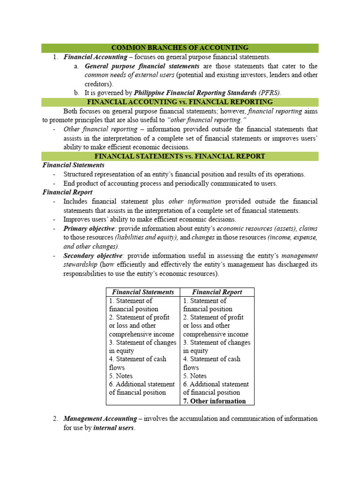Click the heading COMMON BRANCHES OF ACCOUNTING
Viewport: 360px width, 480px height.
tap(180, 48)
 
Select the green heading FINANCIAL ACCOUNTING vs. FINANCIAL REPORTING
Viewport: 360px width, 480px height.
tap(180, 102)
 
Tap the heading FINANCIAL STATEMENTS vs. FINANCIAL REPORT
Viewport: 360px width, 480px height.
tap(180, 156)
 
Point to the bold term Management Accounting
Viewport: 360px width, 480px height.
tap(96, 418)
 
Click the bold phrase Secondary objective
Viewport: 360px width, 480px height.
tap(93, 256)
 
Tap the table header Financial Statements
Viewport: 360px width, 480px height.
tap(143, 292)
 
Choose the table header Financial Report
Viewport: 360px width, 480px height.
tap(217, 292)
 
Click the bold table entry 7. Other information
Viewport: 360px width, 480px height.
tap(214, 401)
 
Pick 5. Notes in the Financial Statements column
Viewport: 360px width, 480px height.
tap(121, 376)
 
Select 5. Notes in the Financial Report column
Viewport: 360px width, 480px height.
tap(195, 376)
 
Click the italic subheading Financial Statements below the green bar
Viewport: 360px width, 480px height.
tap(73, 165)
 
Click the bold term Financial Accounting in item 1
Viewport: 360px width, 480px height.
tap(95, 57)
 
